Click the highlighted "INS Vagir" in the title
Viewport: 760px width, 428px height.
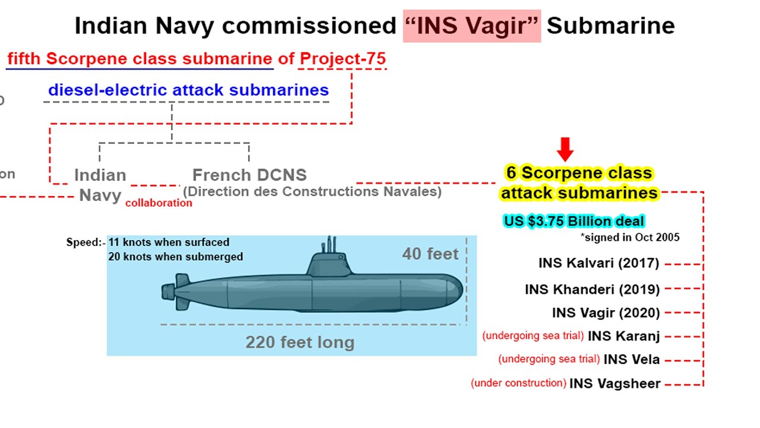pyautogui.click(x=472, y=26)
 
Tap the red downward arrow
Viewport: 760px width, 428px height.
pyautogui.click(x=565, y=149)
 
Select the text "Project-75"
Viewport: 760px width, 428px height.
pyautogui.click(x=343, y=59)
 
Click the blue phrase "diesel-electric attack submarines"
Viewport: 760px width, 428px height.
pyautogui.click(x=188, y=90)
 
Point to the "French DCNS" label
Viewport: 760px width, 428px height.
pyautogui.click(x=249, y=175)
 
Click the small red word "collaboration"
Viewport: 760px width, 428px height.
pyautogui.click(x=159, y=203)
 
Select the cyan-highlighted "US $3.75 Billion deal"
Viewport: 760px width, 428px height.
pyautogui.click(x=574, y=221)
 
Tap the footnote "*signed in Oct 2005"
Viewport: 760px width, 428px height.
pyautogui.click(x=630, y=237)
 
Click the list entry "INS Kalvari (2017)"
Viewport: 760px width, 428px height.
pyautogui.click(x=599, y=263)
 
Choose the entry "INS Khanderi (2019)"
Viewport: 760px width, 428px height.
pyautogui.click(x=592, y=289)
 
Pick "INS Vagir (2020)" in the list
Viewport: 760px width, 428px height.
pyautogui.click(x=606, y=313)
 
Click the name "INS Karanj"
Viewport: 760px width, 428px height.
pyautogui.click(x=623, y=336)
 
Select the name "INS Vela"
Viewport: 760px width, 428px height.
pyautogui.click(x=631, y=360)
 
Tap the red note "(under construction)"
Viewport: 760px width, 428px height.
pyautogui.click(x=518, y=383)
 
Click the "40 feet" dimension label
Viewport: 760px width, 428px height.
pyautogui.click(x=430, y=254)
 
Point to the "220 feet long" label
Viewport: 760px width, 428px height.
pyautogui.click(x=300, y=342)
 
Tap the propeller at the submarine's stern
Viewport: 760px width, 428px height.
pyautogui.click(x=168, y=292)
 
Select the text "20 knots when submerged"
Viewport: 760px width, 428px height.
pyautogui.click(x=175, y=257)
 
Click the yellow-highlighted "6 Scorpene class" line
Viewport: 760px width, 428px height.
pyautogui.click(x=579, y=173)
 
